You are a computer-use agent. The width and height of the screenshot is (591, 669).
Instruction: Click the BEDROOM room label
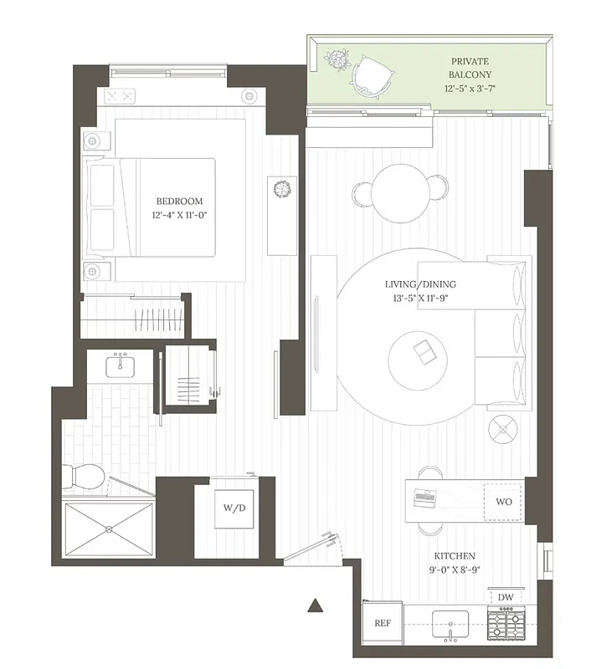(x=179, y=202)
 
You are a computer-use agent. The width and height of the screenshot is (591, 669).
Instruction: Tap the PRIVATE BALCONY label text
(x=470, y=68)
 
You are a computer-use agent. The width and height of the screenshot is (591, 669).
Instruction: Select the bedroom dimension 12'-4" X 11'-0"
(x=179, y=216)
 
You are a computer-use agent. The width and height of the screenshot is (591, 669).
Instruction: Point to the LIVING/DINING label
(x=420, y=284)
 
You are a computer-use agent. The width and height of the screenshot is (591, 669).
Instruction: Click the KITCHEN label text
(x=455, y=556)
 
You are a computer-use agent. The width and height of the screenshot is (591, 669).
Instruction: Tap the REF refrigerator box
(x=383, y=623)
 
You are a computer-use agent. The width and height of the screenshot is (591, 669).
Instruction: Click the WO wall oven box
(x=504, y=501)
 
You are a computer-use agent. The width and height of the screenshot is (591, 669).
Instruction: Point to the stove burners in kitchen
(x=506, y=623)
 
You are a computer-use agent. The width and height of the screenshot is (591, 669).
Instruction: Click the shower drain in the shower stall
(x=109, y=529)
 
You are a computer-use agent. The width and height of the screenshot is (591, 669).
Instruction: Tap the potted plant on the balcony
(x=337, y=61)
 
